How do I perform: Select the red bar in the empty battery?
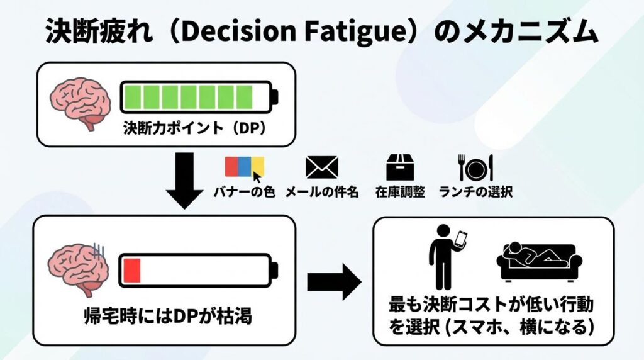point(132,270)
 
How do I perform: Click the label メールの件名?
point(321,192)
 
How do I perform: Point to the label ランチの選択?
point(475,192)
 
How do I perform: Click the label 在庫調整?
point(399,192)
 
